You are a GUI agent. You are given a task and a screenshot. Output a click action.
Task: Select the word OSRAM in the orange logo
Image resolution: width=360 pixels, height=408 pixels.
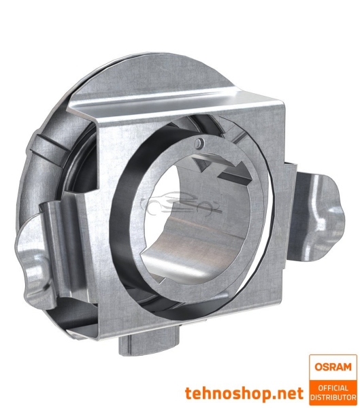333,366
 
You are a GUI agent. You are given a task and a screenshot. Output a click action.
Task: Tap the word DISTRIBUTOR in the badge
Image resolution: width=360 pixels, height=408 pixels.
333,396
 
